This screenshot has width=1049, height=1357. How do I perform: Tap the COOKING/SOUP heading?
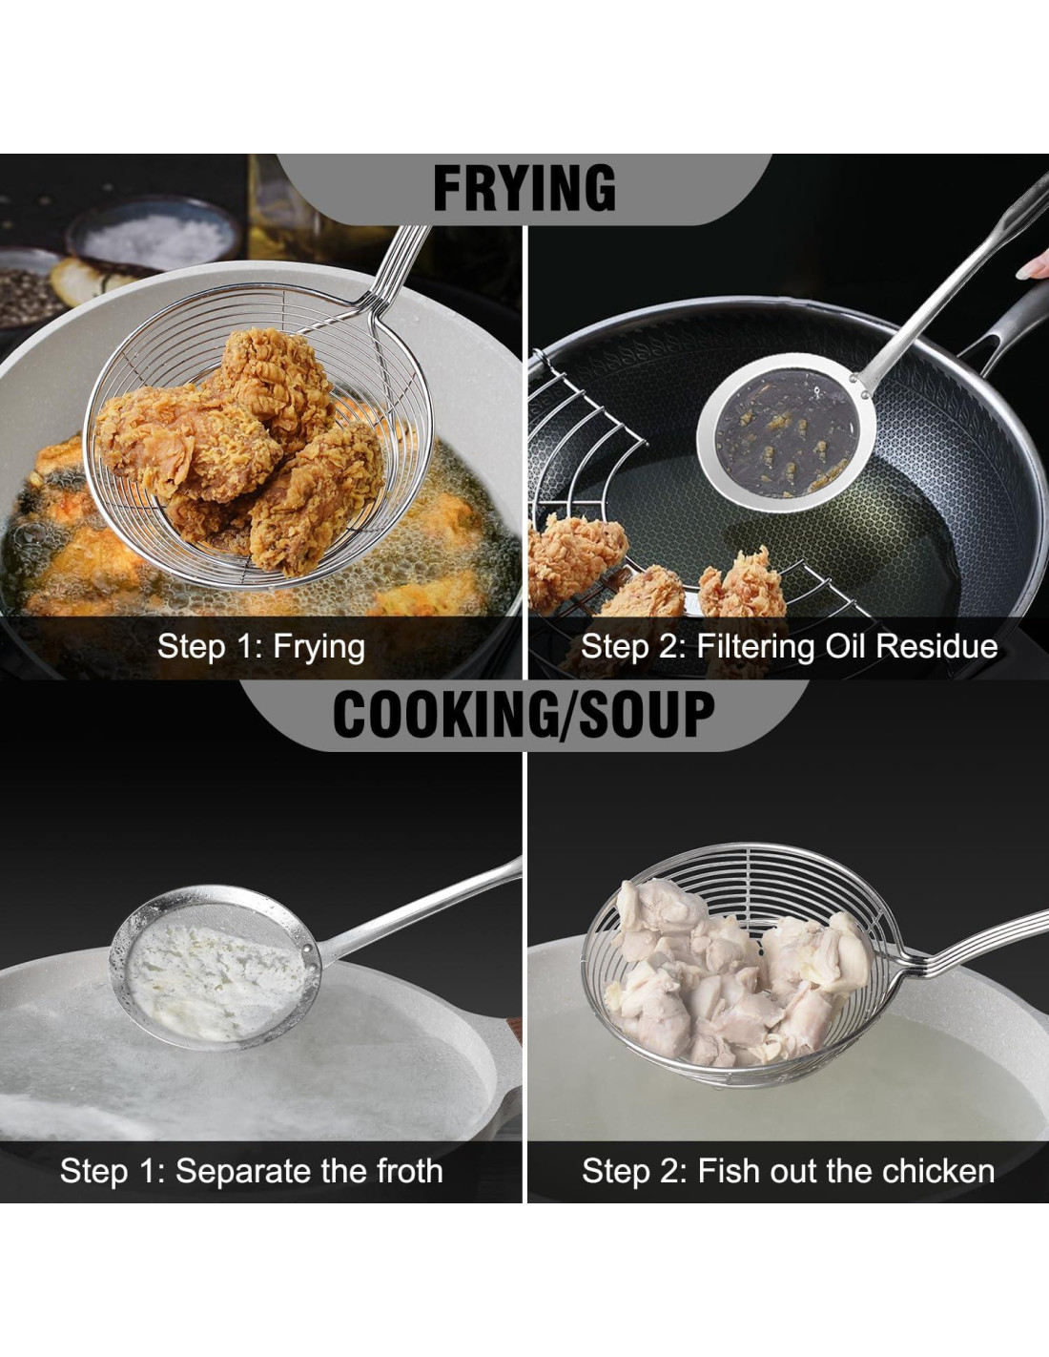(x=524, y=715)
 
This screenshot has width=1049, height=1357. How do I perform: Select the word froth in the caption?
(x=409, y=1171)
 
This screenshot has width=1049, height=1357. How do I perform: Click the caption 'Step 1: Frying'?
(x=261, y=647)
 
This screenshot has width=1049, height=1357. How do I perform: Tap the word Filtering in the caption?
(x=755, y=647)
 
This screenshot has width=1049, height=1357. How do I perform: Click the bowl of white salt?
(x=154, y=238)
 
